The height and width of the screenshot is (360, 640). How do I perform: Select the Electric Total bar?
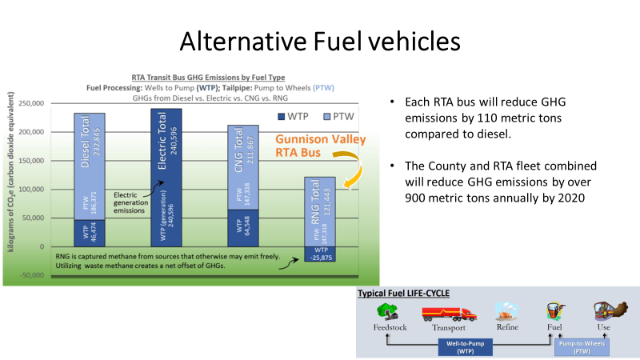pyautogui.click(x=166, y=176)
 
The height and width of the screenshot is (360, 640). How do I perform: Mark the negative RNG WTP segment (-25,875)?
pyautogui.click(x=319, y=254)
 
